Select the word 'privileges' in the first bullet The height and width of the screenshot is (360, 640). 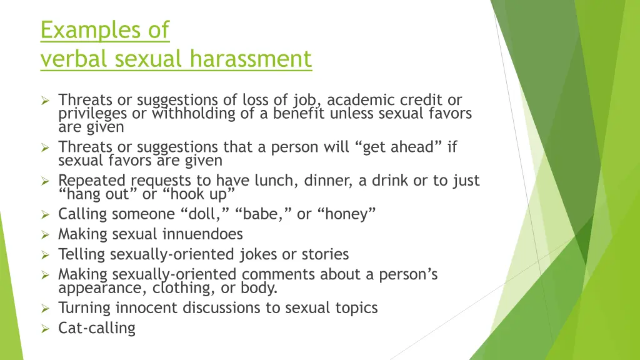(92, 114)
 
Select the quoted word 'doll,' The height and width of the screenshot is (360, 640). (206, 214)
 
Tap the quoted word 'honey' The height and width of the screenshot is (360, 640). (347, 214)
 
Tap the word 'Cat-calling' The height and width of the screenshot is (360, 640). (97, 328)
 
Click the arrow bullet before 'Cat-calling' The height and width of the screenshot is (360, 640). (45, 328)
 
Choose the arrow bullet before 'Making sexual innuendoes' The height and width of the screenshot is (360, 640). (45, 234)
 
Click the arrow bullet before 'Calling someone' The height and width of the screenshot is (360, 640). (45, 214)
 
